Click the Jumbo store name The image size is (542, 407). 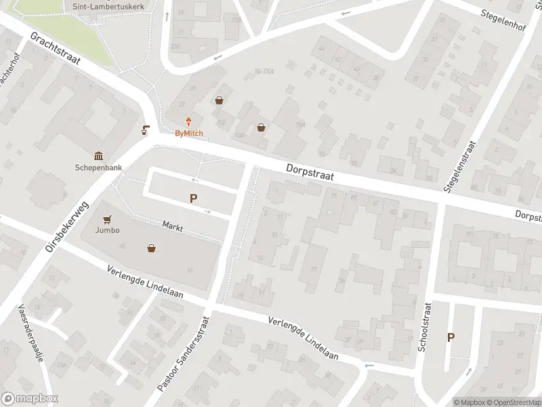[108, 230]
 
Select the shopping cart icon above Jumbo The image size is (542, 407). [107, 219]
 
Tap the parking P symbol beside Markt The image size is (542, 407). [194, 199]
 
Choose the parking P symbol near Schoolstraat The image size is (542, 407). [451, 337]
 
